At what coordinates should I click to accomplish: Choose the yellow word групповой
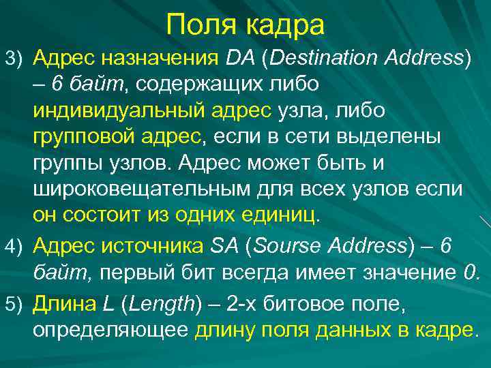click(x=82, y=137)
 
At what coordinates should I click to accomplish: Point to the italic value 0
click(x=473, y=273)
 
